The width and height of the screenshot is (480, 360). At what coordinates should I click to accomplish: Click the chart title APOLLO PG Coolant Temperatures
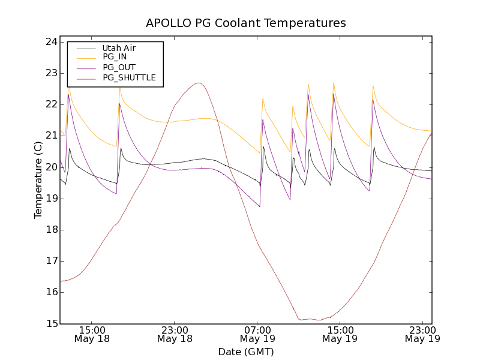point(246,23)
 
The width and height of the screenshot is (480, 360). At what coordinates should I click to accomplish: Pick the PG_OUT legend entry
point(119,68)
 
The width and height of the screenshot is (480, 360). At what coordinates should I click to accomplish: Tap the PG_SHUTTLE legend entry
point(129,78)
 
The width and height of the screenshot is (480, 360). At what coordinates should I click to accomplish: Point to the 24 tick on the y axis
point(50,42)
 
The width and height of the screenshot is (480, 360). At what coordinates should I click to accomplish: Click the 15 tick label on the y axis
point(50,323)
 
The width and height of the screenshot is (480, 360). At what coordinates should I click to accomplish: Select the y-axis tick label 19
point(50,199)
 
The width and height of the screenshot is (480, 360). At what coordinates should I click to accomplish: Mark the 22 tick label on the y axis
point(50,104)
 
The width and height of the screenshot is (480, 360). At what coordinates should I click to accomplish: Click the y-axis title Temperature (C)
point(38,180)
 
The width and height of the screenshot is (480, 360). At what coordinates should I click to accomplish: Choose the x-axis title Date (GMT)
point(246,352)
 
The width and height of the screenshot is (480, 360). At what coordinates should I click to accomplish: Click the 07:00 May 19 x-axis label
point(257,334)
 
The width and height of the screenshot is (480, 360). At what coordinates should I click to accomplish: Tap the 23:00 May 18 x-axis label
point(175,334)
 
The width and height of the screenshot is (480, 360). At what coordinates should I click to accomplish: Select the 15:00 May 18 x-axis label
point(92,334)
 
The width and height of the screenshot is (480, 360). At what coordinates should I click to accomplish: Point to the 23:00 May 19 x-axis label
point(422,334)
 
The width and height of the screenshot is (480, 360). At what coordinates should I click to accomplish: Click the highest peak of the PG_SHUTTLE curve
point(199,83)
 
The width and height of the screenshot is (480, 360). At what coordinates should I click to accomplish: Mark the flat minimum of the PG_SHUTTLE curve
point(315,319)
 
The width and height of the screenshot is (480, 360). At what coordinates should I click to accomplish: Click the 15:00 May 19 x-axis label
point(340,334)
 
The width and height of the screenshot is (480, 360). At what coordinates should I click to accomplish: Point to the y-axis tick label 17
point(50,261)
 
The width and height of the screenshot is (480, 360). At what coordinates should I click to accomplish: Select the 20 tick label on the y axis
point(50,167)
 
